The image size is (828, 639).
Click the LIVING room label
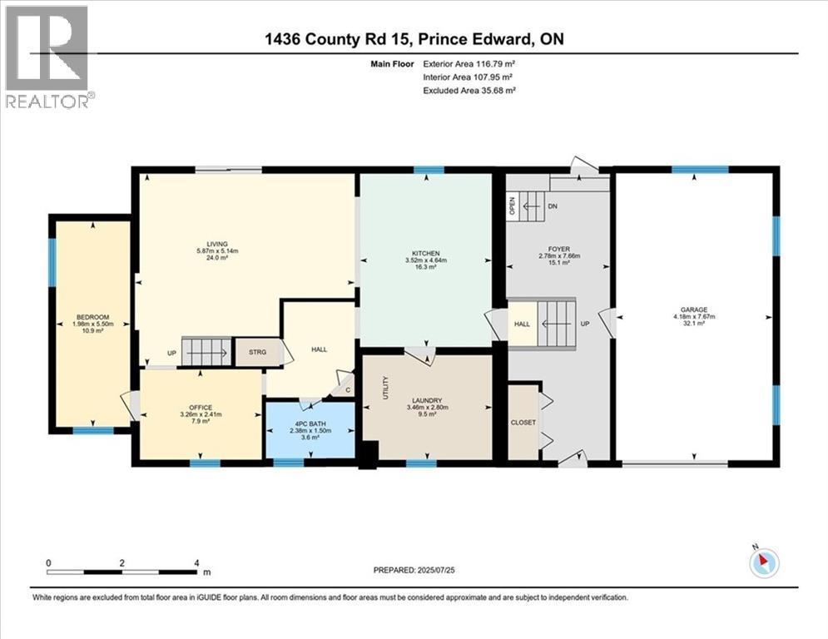pos(217,244)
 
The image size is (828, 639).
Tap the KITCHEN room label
pos(425,254)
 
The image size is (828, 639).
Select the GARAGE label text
pos(694,310)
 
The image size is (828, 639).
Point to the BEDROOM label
pos(93,317)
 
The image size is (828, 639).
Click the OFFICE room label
pos(201,408)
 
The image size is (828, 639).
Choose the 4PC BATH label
pos(310,424)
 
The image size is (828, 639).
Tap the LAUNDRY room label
pos(427,401)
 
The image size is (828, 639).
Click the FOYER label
pos(558,249)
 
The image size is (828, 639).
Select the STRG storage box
pos(258,352)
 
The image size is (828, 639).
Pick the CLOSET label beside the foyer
pos(523,423)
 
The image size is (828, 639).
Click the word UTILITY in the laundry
pos(385,388)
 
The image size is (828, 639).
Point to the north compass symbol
pos(764,562)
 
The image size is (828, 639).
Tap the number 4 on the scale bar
pos(196,563)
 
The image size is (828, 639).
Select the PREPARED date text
pos(414,570)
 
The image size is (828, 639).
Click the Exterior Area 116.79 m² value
pos(469,64)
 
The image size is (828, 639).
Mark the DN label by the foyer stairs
pos(553,206)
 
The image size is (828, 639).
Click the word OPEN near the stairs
pos(512,206)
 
